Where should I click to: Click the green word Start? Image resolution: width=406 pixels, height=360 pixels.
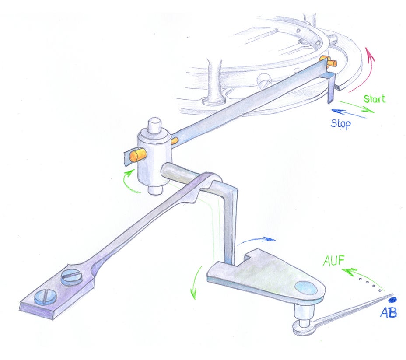(x=374, y=99)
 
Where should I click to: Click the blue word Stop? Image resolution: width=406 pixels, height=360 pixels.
(x=341, y=124)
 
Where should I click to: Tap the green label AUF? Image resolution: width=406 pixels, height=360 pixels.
(x=333, y=260)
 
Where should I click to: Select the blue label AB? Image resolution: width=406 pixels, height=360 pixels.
(x=388, y=312)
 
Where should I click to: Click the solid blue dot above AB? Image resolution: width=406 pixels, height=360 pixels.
(x=392, y=300)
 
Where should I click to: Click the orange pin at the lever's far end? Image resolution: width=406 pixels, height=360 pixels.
(x=332, y=63)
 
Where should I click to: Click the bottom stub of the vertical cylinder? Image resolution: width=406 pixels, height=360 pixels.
(x=155, y=190)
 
